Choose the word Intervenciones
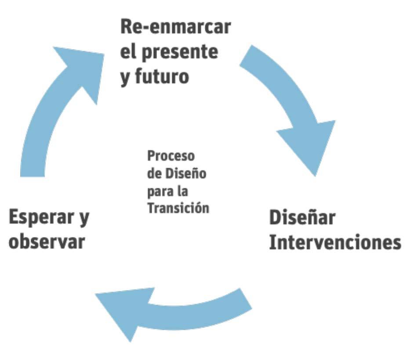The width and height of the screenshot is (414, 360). [x=334, y=242]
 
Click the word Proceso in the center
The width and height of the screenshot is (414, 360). [x=171, y=156]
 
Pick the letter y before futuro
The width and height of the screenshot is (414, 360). [x=124, y=78]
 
